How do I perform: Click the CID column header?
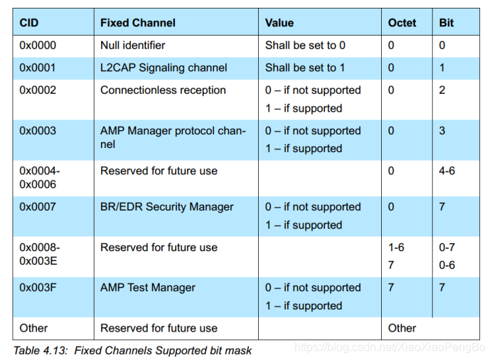[29, 23]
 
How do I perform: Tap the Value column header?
[279, 23]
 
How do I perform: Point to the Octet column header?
[402, 23]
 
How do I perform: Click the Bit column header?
[446, 23]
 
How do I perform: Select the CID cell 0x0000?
[38, 45]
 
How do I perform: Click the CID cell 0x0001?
[38, 68]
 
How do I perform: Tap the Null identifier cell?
[133, 45]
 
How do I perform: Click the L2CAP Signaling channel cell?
[164, 68]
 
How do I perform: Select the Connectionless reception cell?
[163, 90]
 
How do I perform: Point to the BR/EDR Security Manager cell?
[167, 207]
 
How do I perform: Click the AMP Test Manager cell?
[148, 287]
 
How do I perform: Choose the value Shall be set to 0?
[305, 45]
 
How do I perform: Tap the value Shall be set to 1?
[305, 68]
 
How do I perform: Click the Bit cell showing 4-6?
[446, 171]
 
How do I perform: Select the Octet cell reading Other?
[402, 328]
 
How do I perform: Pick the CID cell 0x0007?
[38, 207]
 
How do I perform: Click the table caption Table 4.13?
[132, 350]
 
